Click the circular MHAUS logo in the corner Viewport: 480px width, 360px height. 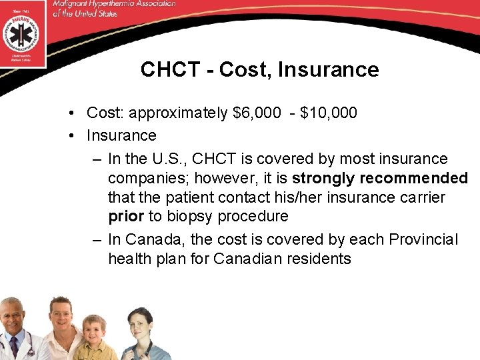coord(23,32)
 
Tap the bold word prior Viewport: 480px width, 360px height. coord(126,217)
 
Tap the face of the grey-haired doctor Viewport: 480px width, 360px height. coord(17,319)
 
